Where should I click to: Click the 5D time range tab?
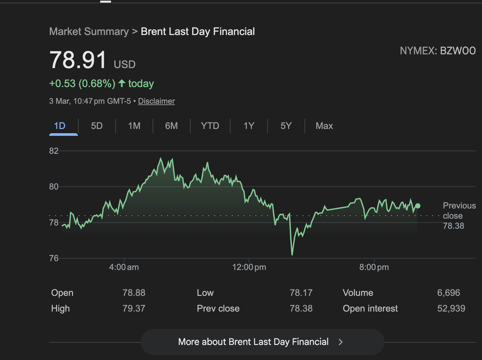97,126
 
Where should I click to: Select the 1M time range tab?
134,126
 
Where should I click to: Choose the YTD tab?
210,126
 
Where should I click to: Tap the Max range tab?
324,126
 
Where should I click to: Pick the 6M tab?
171,126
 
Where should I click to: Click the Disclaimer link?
156,101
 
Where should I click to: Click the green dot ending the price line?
418,206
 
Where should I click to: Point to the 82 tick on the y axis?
54,151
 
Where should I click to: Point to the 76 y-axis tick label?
54,258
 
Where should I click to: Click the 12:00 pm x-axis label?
249,267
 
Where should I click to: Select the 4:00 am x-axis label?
124,267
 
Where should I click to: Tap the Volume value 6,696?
448,293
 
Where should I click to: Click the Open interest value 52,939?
451,308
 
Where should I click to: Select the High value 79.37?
134,308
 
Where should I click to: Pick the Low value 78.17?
301,293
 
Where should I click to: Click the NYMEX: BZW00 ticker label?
437,51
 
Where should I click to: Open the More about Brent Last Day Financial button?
262,342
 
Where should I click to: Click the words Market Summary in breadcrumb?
89,31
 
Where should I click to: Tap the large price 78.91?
78,60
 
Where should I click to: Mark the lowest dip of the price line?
292,254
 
